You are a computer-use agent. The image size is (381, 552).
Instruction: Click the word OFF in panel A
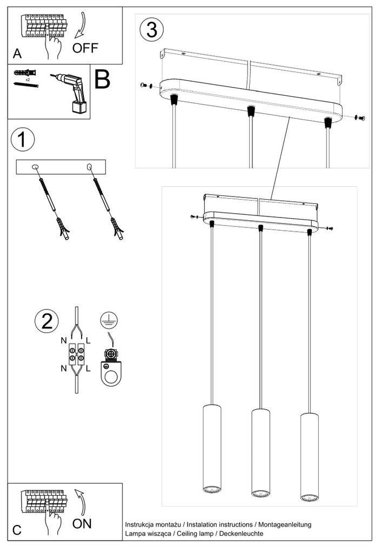[x=85, y=48]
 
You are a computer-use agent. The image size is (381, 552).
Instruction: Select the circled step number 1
[x=22, y=140]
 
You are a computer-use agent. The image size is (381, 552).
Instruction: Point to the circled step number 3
[x=151, y=29]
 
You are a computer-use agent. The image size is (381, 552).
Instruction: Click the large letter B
[x=102, y=80]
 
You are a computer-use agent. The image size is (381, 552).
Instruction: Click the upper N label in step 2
[x=64, y=341]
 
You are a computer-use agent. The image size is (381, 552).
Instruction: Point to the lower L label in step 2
[x=88, y=368]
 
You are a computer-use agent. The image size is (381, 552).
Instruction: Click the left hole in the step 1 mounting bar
[x=36, y=167]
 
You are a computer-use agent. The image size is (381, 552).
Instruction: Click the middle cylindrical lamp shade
[x=260, y=454]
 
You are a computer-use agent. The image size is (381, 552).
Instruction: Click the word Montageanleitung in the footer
[x=284, y=524]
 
